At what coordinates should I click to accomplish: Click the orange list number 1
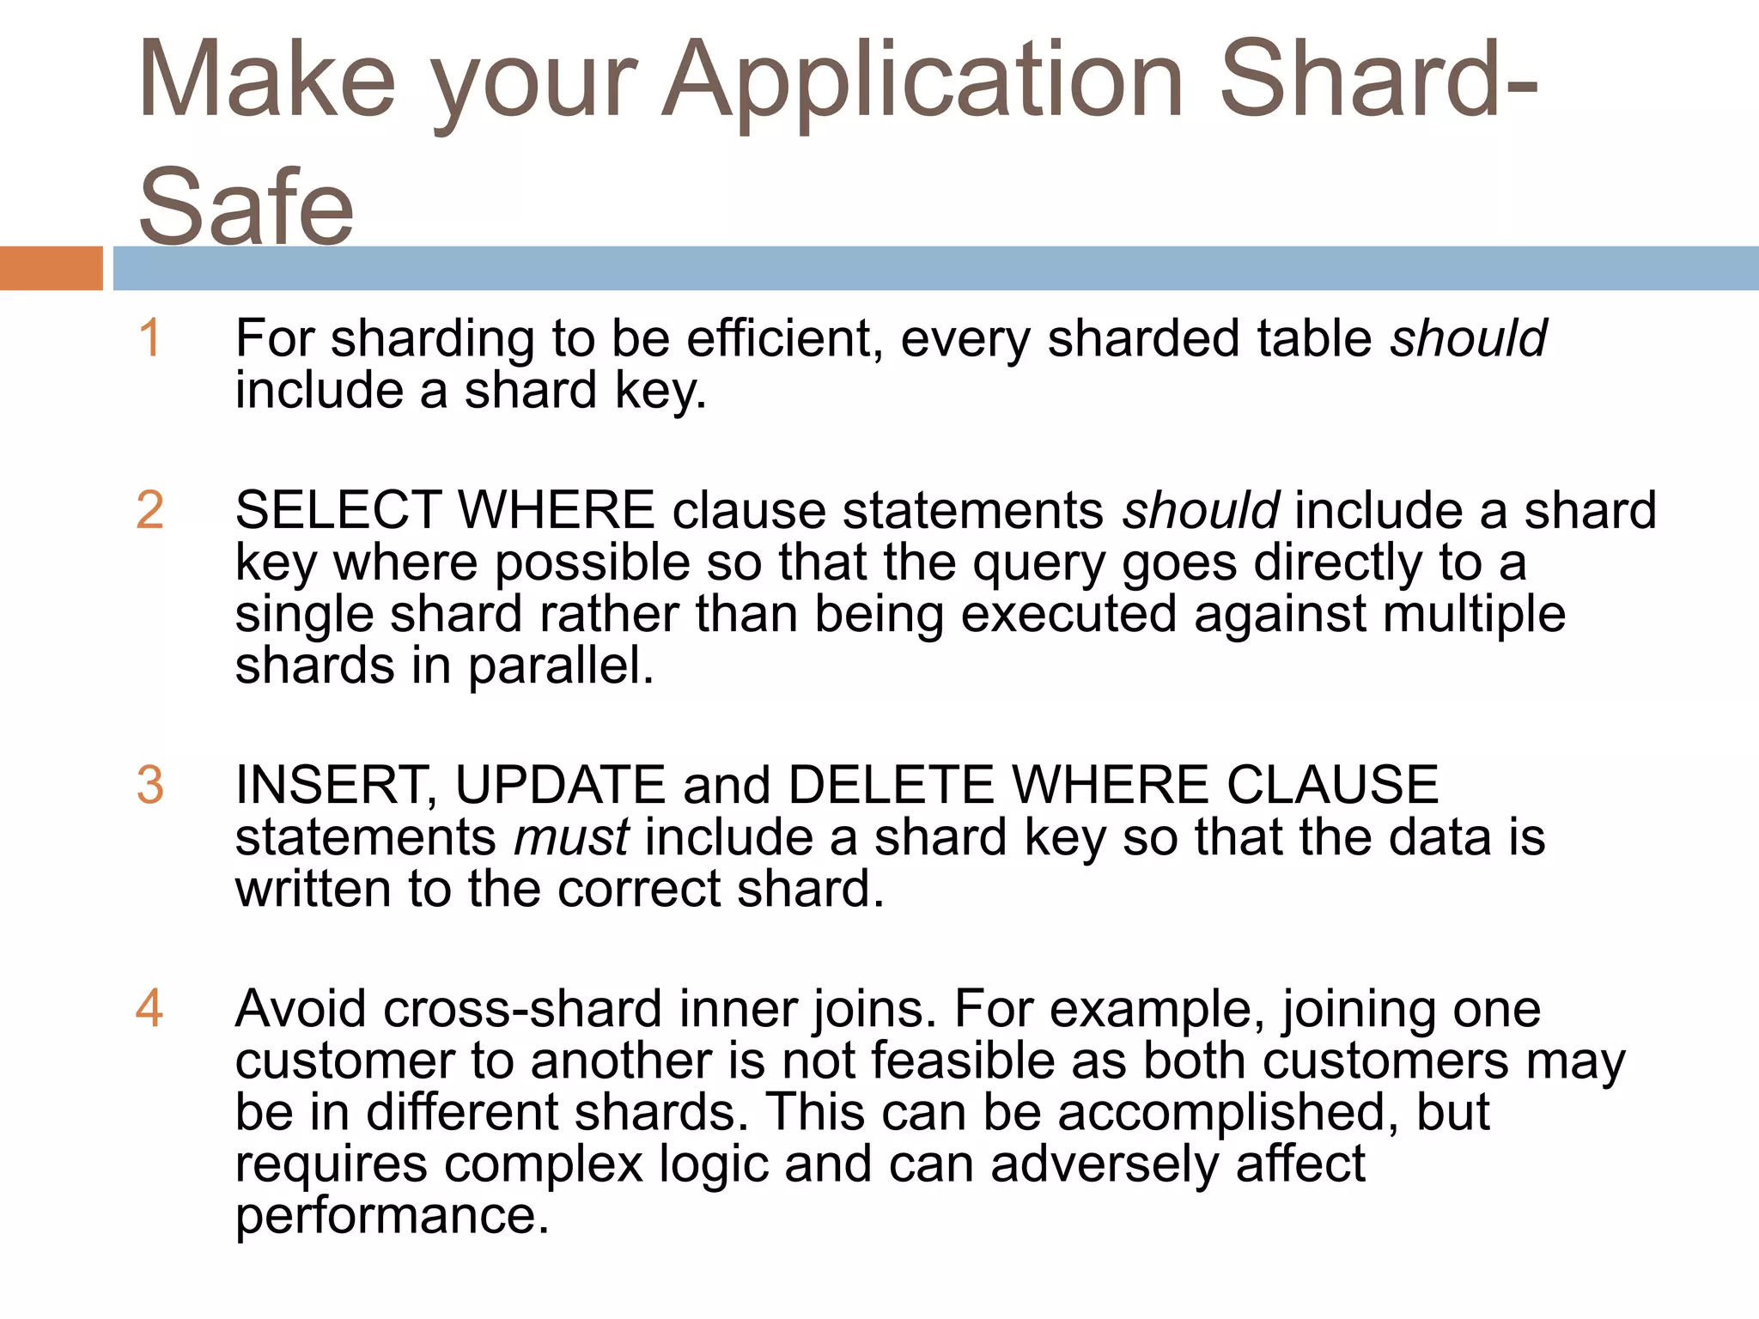click(149, 337)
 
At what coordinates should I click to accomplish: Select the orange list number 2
click(150, 510)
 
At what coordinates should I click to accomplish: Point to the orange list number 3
click(150, 785)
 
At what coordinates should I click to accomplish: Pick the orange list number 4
click(149, 1008)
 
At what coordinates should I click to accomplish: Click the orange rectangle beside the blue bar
click(51, 268)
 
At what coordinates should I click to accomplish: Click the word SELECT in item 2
click(338, 510)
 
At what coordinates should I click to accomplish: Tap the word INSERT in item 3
click(335, 785)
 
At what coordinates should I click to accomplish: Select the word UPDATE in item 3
click(560, 785)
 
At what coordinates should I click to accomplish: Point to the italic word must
click(571, 837)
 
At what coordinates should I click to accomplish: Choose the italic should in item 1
click(1469, 338)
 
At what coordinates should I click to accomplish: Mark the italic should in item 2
click(1201, 511)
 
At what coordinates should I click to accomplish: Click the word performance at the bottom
click(392, 1216)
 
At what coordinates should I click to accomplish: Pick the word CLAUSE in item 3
click(1332, 785)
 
